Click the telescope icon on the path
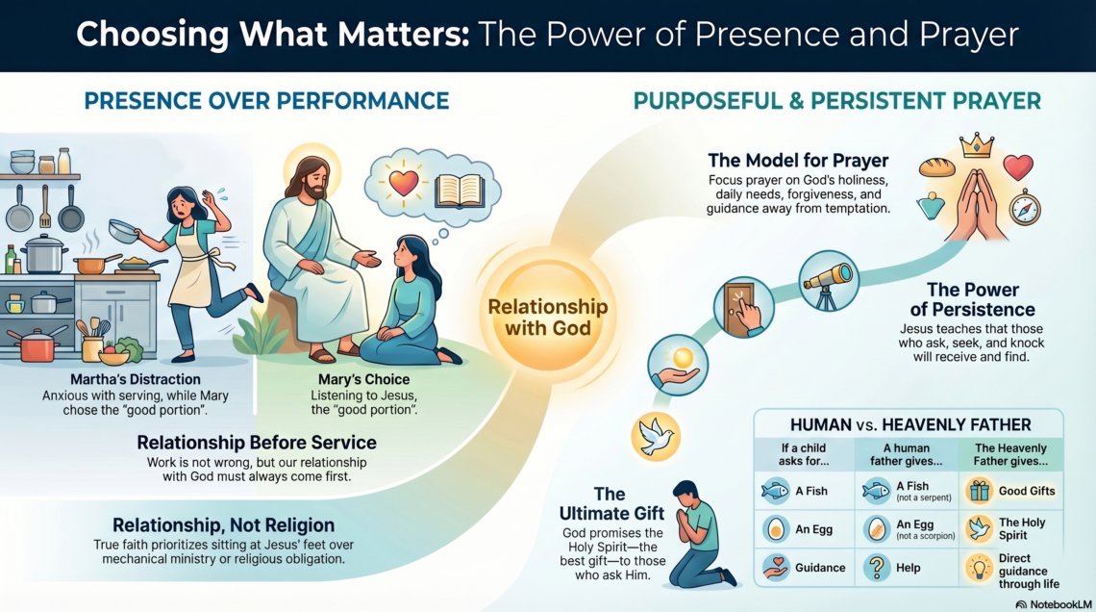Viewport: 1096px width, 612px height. (829, 280)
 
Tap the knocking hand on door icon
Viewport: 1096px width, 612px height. (744, 308)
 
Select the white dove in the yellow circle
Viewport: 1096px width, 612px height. (655, 437)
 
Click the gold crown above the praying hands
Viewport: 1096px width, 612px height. (977, 145)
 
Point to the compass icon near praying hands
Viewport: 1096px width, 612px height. (1025, 207)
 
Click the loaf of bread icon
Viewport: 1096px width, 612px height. (936, 167)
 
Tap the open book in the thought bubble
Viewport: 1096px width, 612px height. (460, 191)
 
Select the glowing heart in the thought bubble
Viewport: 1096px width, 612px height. (404, 183)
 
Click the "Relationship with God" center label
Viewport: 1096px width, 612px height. (548, 317)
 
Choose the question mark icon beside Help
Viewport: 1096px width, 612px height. (877, 567)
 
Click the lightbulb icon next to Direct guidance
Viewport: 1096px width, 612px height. (980, 569)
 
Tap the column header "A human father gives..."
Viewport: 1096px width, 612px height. (906, 454)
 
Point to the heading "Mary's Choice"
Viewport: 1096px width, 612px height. (364, 379)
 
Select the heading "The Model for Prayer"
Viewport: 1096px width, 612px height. (798, 160)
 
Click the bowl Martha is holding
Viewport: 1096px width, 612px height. (124, 232)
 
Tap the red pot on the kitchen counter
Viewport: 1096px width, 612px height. (37, 344)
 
